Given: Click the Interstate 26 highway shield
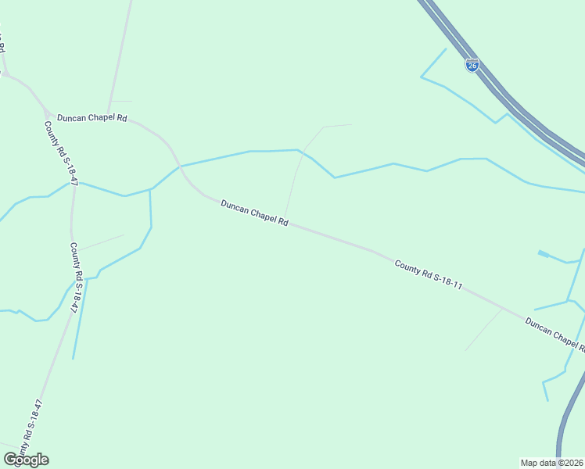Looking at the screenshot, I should [x=472, y=66].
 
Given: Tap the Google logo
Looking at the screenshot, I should [x=26, y=459].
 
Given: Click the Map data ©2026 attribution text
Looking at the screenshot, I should [x=552, y=463].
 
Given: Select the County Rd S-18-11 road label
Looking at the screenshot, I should [x=429, y=276].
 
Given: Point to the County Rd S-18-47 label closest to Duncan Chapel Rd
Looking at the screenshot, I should [x=61, y=152].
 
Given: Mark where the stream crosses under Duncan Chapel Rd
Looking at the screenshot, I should [x=181, y=165].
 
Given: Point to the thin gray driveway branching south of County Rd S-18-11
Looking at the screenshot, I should [x=485, y=329].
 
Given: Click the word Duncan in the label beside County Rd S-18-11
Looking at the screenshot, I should [x=539, y=327].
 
